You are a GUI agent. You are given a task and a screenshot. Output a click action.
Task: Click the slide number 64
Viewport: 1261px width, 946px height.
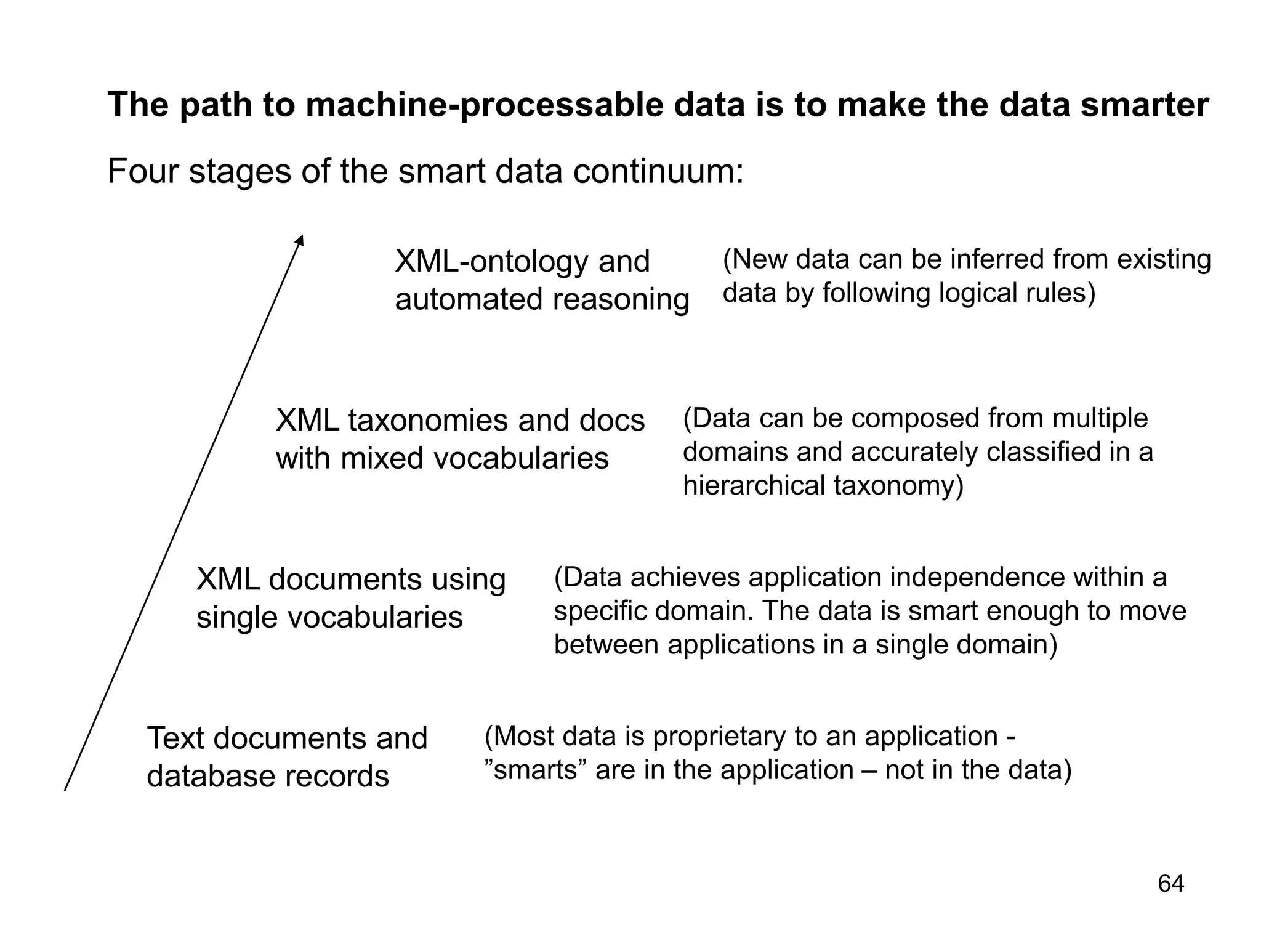coord(1170,884)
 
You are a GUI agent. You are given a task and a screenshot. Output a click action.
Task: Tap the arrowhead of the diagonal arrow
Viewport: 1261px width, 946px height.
coord(300,241)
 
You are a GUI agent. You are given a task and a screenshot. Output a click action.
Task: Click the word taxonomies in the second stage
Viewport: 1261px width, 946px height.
coord(429,421)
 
